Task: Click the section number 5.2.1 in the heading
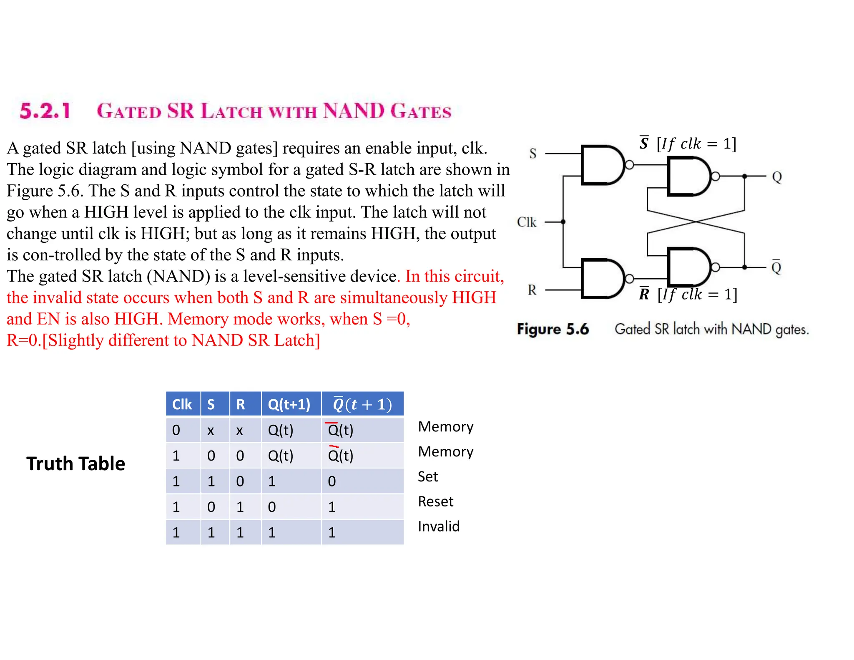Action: click(x=45, y=111)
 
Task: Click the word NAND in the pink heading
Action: click(x=354, y=111)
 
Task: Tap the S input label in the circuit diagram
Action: click(x=532, y=154)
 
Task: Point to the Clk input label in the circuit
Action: click(x=526, y=222)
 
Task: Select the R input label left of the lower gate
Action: click(x=532, y=290)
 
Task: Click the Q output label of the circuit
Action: click(x=776, y=177)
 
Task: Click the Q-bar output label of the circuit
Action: click(x=776, y=267)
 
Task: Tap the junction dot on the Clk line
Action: click(x=563, y=222)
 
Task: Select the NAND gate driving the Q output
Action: click(x=688, y=176)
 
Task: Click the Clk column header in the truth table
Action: click(x=182, y=404)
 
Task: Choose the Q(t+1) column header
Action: click(x=289, y=404)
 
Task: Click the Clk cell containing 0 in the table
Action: click(x=176, y=430)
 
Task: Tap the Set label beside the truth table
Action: click(x=428, y=476)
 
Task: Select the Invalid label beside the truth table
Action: click(x=439, y=526)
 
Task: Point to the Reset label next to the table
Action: click(x=435, y=501)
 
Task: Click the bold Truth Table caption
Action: click(x=75, y=464)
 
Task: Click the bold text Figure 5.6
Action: click(x=553, y=329)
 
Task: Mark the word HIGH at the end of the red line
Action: click(x=474, y=297)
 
